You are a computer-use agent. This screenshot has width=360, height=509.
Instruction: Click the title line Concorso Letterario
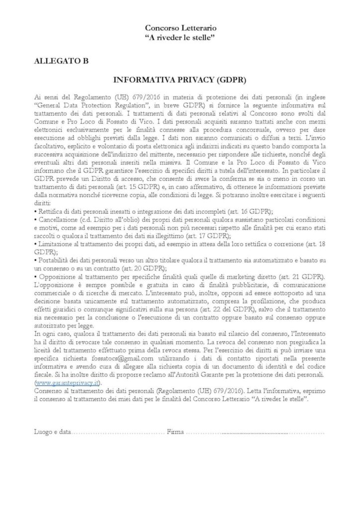[180, 29]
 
